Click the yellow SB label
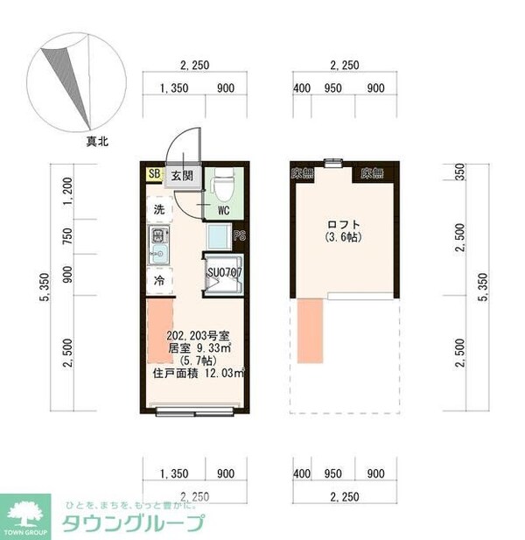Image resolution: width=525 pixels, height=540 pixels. point(154,174)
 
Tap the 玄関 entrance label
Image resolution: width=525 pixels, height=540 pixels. point(181,175)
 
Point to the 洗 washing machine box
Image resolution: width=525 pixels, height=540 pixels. point(159,210)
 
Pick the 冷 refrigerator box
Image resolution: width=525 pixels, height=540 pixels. point(159,281)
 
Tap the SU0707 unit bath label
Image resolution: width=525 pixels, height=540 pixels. point(224,271)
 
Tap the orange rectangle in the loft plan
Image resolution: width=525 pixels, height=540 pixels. point(311,329)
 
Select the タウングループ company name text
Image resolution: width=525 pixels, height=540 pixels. point(133,524)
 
